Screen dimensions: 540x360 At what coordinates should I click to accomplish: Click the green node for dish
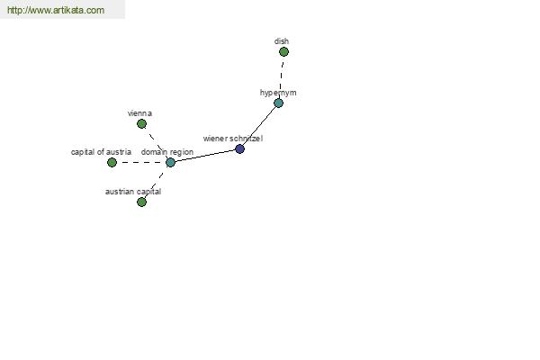283,51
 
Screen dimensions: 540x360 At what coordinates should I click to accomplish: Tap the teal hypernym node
278,103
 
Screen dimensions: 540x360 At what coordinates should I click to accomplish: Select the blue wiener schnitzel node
239,148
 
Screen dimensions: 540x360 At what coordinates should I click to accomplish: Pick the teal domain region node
170,162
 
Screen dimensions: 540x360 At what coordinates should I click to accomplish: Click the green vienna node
141,123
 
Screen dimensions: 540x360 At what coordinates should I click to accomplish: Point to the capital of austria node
112,162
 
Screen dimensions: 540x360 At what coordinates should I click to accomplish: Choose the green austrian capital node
141,202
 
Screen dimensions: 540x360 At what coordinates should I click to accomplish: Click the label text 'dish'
282,41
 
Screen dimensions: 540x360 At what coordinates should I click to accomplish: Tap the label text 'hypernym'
278,93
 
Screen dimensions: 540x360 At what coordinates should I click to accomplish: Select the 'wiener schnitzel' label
233,139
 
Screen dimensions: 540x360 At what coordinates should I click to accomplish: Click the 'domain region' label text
167,152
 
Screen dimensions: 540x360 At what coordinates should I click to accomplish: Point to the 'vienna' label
139,113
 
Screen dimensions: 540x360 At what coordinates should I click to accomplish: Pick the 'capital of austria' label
101,152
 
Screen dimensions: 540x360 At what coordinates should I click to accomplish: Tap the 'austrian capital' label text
133,192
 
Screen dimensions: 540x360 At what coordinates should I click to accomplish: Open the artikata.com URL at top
56,10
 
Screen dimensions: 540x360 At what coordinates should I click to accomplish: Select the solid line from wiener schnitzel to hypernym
259,126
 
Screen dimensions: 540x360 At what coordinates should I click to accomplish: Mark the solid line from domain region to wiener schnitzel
205,156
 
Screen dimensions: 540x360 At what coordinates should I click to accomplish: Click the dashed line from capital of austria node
141,162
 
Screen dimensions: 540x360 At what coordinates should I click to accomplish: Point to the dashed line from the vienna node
156,142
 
